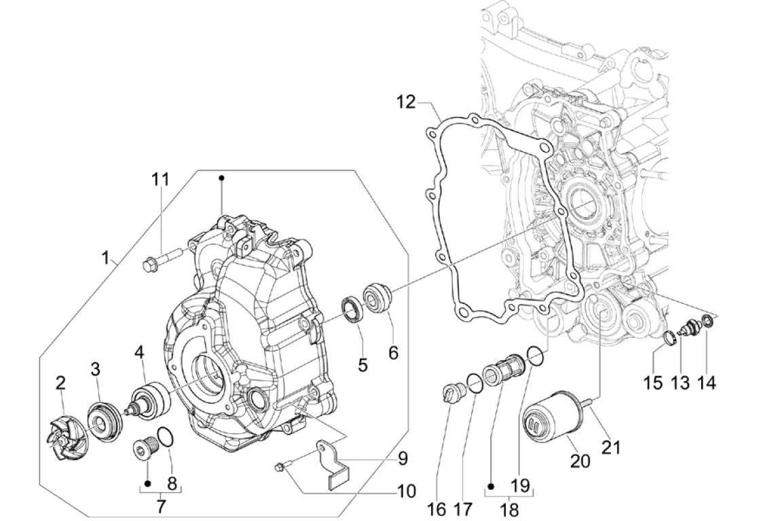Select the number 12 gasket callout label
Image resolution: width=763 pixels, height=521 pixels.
click(405, 102)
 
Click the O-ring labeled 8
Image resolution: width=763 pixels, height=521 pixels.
click(165, 436)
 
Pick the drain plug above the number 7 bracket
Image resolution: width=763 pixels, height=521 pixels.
click(145, 445)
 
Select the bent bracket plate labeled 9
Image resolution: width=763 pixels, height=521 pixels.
click(337, 460)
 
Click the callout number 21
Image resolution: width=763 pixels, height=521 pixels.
click(611, 446)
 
